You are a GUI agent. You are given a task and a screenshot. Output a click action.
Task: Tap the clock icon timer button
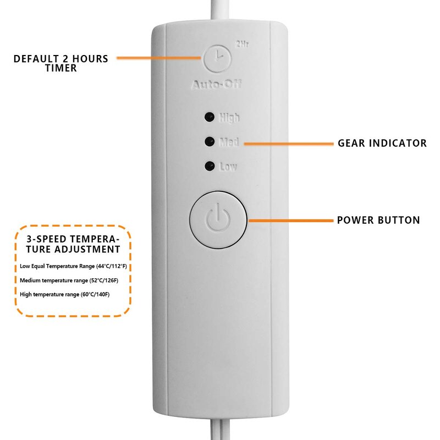click(217, 58)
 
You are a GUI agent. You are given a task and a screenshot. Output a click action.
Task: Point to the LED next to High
click(209, 117)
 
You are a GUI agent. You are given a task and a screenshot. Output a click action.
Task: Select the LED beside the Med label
click(209, 142)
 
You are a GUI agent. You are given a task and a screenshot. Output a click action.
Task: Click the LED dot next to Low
click(209, 166)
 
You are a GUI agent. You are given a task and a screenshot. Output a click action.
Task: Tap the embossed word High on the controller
click(229, 118)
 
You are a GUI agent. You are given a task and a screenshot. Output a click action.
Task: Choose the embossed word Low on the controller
click(228, 166)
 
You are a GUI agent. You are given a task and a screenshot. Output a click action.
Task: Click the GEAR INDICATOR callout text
click(382, 143)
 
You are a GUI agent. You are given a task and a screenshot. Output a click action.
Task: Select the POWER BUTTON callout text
click(378, 220)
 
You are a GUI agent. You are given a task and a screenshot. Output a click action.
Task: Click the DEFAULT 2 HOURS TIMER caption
click(61, 63)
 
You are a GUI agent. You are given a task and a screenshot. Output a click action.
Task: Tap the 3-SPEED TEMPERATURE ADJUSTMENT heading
click(73, 244)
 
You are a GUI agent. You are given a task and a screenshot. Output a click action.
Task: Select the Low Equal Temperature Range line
click(73, 266)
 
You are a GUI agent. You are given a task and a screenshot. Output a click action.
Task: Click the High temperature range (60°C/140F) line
click(65, 294)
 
